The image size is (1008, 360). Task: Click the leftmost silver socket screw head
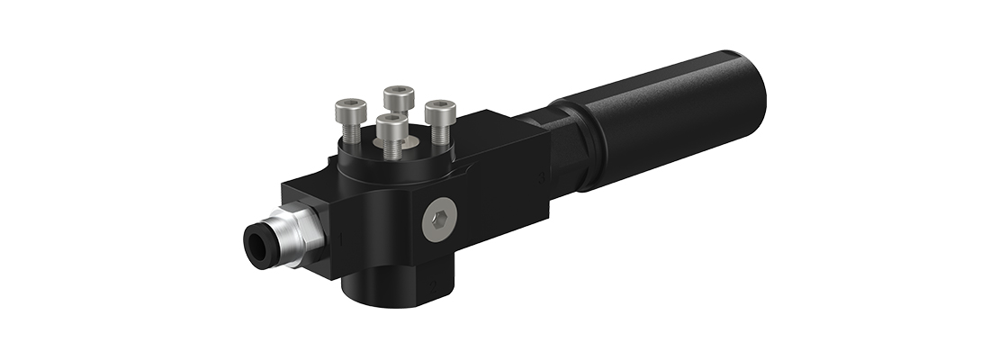click(350, 112)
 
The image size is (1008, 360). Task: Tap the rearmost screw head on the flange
click(398, 93)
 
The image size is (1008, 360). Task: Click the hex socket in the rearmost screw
click(398, 91)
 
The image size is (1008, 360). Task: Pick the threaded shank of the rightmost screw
click(438, 131)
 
